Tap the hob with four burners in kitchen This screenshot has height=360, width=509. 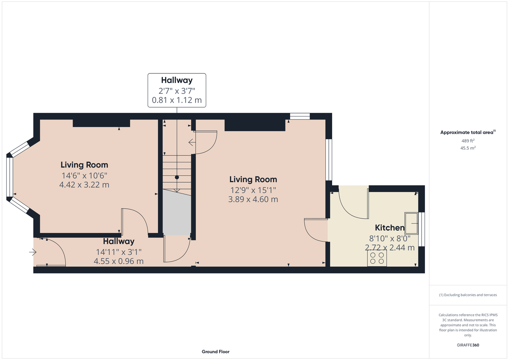(x=377, y=258)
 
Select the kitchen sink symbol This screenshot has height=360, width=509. (x=411, y=223)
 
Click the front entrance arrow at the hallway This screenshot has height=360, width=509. (x=33, y=253)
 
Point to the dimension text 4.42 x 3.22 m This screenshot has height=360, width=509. (x=84, y=185)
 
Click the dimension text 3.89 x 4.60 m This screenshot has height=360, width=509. (x=253, y=199)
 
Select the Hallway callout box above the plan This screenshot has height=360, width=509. (x=176, y=90)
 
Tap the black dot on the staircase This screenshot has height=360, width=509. (x=177, y=177)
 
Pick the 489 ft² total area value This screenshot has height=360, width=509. (x=468, y=141)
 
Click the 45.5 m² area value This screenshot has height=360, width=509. (x=468, y=148)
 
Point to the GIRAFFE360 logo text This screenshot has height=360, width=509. (x=468, y=345)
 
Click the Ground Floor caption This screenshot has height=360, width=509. (x=215, y=352)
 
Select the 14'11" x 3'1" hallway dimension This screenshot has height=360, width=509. (x=119, y=251)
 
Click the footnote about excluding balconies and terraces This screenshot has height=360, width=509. (x=468, y=295)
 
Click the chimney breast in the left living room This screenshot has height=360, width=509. (x=101, y=123)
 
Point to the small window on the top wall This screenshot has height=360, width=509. (x=299, y=116)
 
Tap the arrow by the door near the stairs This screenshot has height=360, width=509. (x=192, y=142)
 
